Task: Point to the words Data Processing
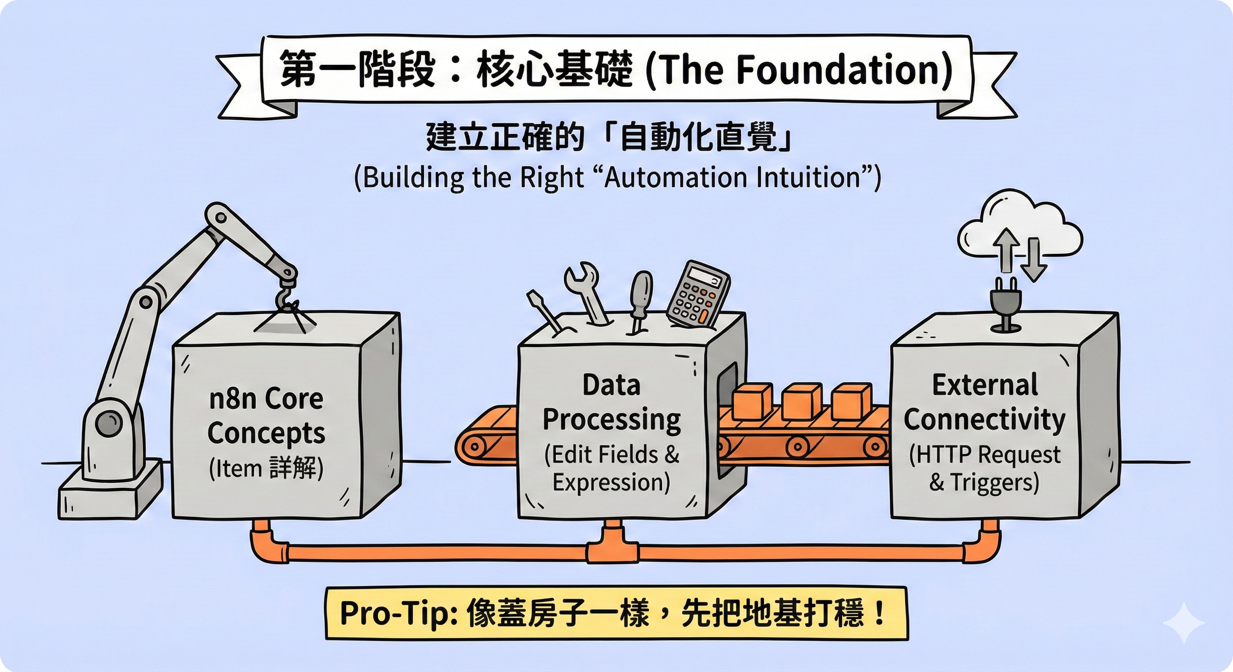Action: pos(611,403)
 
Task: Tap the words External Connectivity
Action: pos(984,403)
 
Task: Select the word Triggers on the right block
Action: pos(993,482)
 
